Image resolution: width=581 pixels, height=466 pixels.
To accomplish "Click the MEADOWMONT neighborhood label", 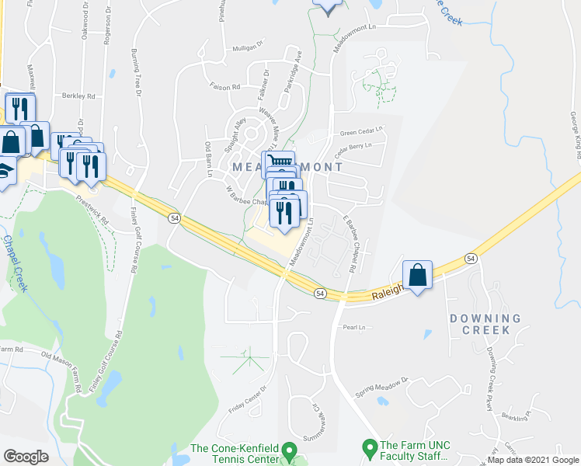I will coord(288,167).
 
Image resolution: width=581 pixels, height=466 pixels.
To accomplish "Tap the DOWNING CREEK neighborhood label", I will coord(485,324).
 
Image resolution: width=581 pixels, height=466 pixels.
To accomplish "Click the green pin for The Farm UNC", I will coord(370,448).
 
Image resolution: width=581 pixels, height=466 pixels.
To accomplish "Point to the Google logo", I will coord(26,456).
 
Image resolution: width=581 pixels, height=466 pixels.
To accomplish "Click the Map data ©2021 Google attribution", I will coord(533,460).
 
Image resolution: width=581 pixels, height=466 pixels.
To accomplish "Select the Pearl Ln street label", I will coord(353,328).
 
